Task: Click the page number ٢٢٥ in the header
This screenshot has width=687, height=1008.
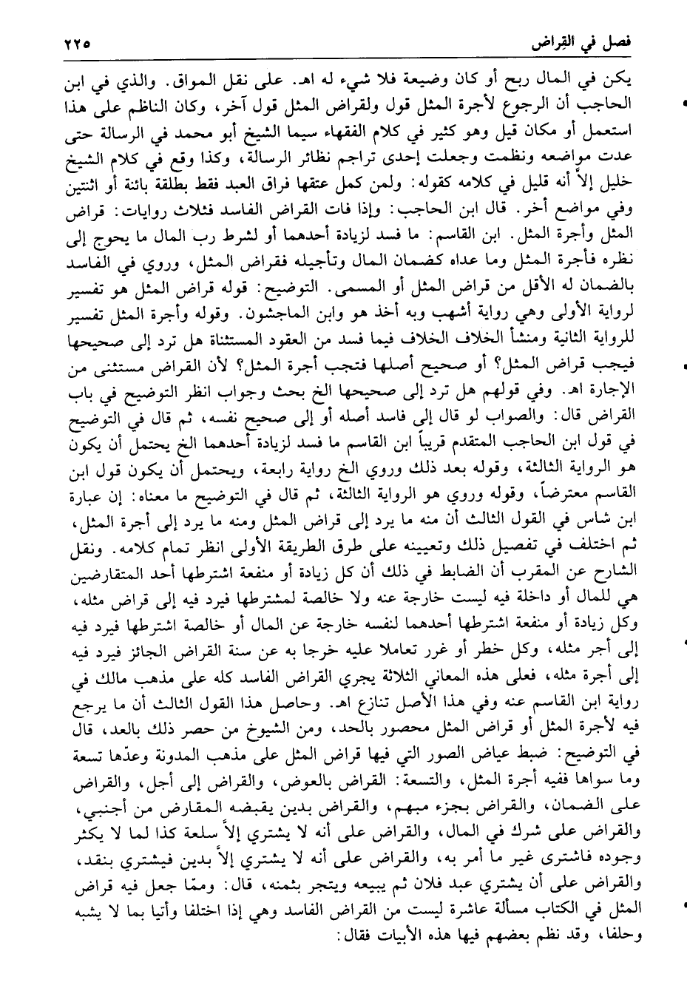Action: (x=72, y=44)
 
